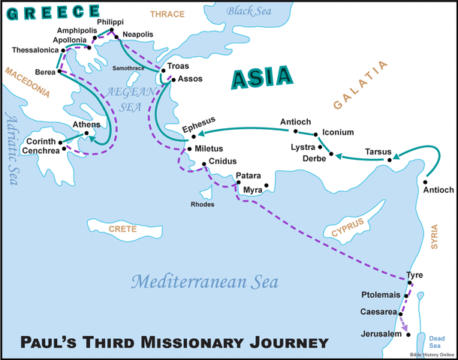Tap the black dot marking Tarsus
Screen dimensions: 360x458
[x=390, y=160]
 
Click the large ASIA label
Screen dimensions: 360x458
[x=261, y=77]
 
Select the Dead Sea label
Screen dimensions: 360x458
[x=435, y=342]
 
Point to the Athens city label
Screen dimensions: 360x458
[x=86, y=125]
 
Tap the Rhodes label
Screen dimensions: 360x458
[x=203, y=204]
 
